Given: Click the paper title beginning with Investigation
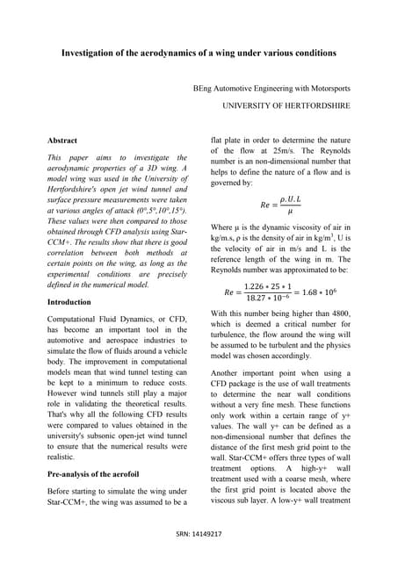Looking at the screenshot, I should point(199,53).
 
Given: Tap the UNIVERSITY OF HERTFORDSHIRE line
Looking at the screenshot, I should point(286,105).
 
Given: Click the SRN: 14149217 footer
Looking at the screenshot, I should point(199,533).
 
